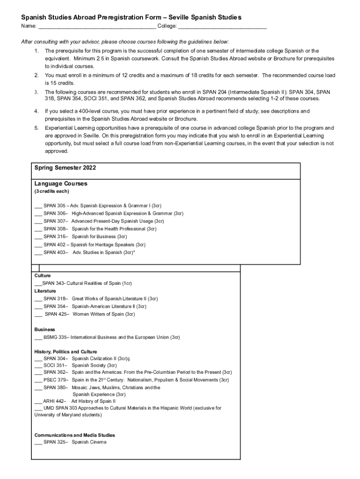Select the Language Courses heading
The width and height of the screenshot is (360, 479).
[x=61, y=184]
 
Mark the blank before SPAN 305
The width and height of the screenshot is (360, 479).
[x=38, y=206]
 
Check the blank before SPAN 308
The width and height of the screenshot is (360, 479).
[x=38, y=229]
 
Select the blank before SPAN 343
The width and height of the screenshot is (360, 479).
[x=38, y=283]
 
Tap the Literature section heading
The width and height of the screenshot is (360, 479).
[x=45, y=291]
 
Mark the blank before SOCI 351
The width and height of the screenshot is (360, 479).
[x=38, y=365]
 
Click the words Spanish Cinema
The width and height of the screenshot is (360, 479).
[x=89, y=442]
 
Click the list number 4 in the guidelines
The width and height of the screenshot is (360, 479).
[x=36, y=111]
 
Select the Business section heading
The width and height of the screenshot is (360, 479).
[x=44, y=330]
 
